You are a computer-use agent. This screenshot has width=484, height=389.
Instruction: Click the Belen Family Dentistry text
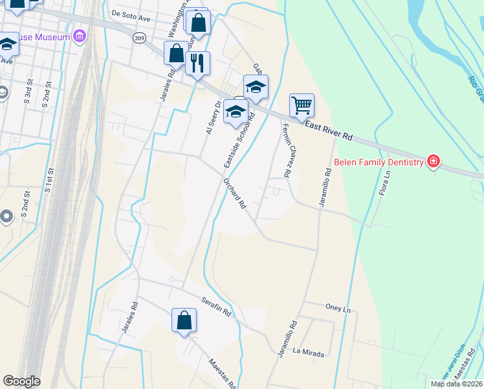pyautogui.click(x=379, y=161)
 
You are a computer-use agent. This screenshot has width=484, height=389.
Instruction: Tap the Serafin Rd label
pyautogui.click(x=216, y=306)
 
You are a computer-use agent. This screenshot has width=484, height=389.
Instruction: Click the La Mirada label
pyautogui.click(x=308, y=352)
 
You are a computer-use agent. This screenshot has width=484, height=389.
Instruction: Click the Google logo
pyautogui.click(x=21, y=381)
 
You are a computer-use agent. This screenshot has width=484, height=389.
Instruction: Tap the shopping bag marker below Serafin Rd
pyautogui.click(x=184, y=320)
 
